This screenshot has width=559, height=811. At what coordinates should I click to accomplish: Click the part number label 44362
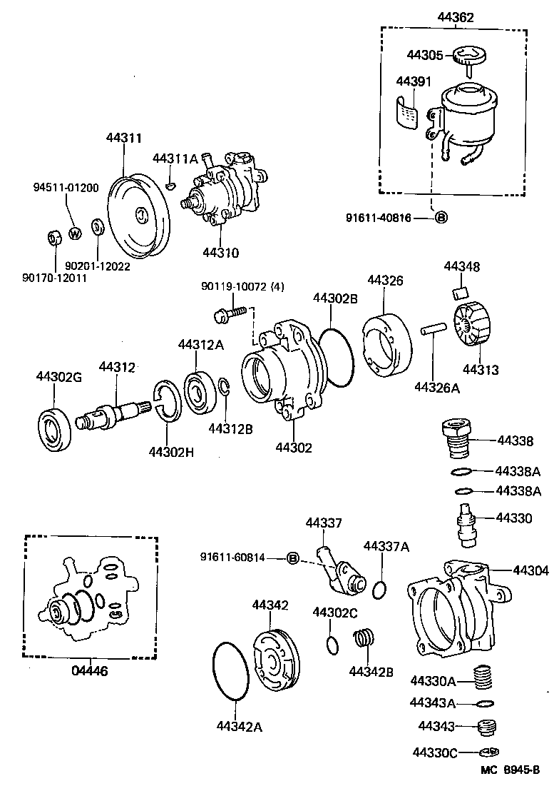[x=453, y=17]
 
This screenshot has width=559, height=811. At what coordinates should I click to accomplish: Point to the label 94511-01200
[x=66, y=187]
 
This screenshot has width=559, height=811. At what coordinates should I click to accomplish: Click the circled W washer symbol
[x=75, y=233]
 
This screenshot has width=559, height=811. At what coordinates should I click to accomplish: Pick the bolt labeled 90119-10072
[x=231, y=312]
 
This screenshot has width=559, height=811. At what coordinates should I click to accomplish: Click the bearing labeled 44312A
[x=200, y=392]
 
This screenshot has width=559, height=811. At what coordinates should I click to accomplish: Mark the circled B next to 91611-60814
[x=292, y=558]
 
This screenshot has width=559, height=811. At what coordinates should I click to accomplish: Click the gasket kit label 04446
[x=90, y=671]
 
